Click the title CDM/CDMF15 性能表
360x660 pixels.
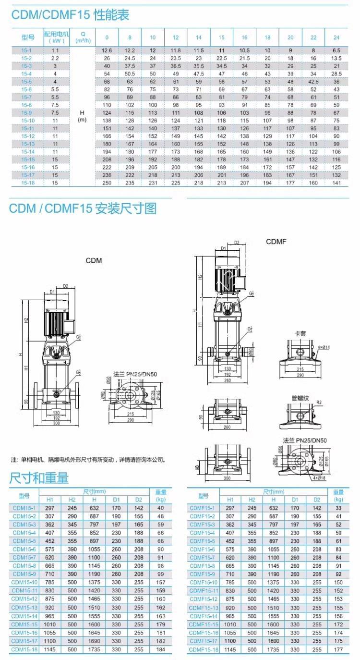click(x=71, y=15)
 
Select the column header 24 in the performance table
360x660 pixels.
click(x=336, y=37)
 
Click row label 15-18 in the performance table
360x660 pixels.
click(x=27, y=183)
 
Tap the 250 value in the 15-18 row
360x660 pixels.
click(x=107, y=183)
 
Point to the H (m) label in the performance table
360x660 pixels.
click(x=82, y=116)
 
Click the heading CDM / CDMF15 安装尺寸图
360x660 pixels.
click(x=83, y=208)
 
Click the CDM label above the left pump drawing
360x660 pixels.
click(x=94, y=261)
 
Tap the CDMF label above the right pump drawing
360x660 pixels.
click(x=276, y=242)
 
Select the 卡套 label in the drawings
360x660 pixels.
click(x=300, y=332)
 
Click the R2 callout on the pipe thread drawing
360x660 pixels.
click(x=319, y=403)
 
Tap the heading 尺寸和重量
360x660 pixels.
click(x=39, y=478)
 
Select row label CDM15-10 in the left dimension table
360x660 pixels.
click(x=24, y=582)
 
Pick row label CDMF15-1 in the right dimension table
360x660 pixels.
click(x=202, y=507)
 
